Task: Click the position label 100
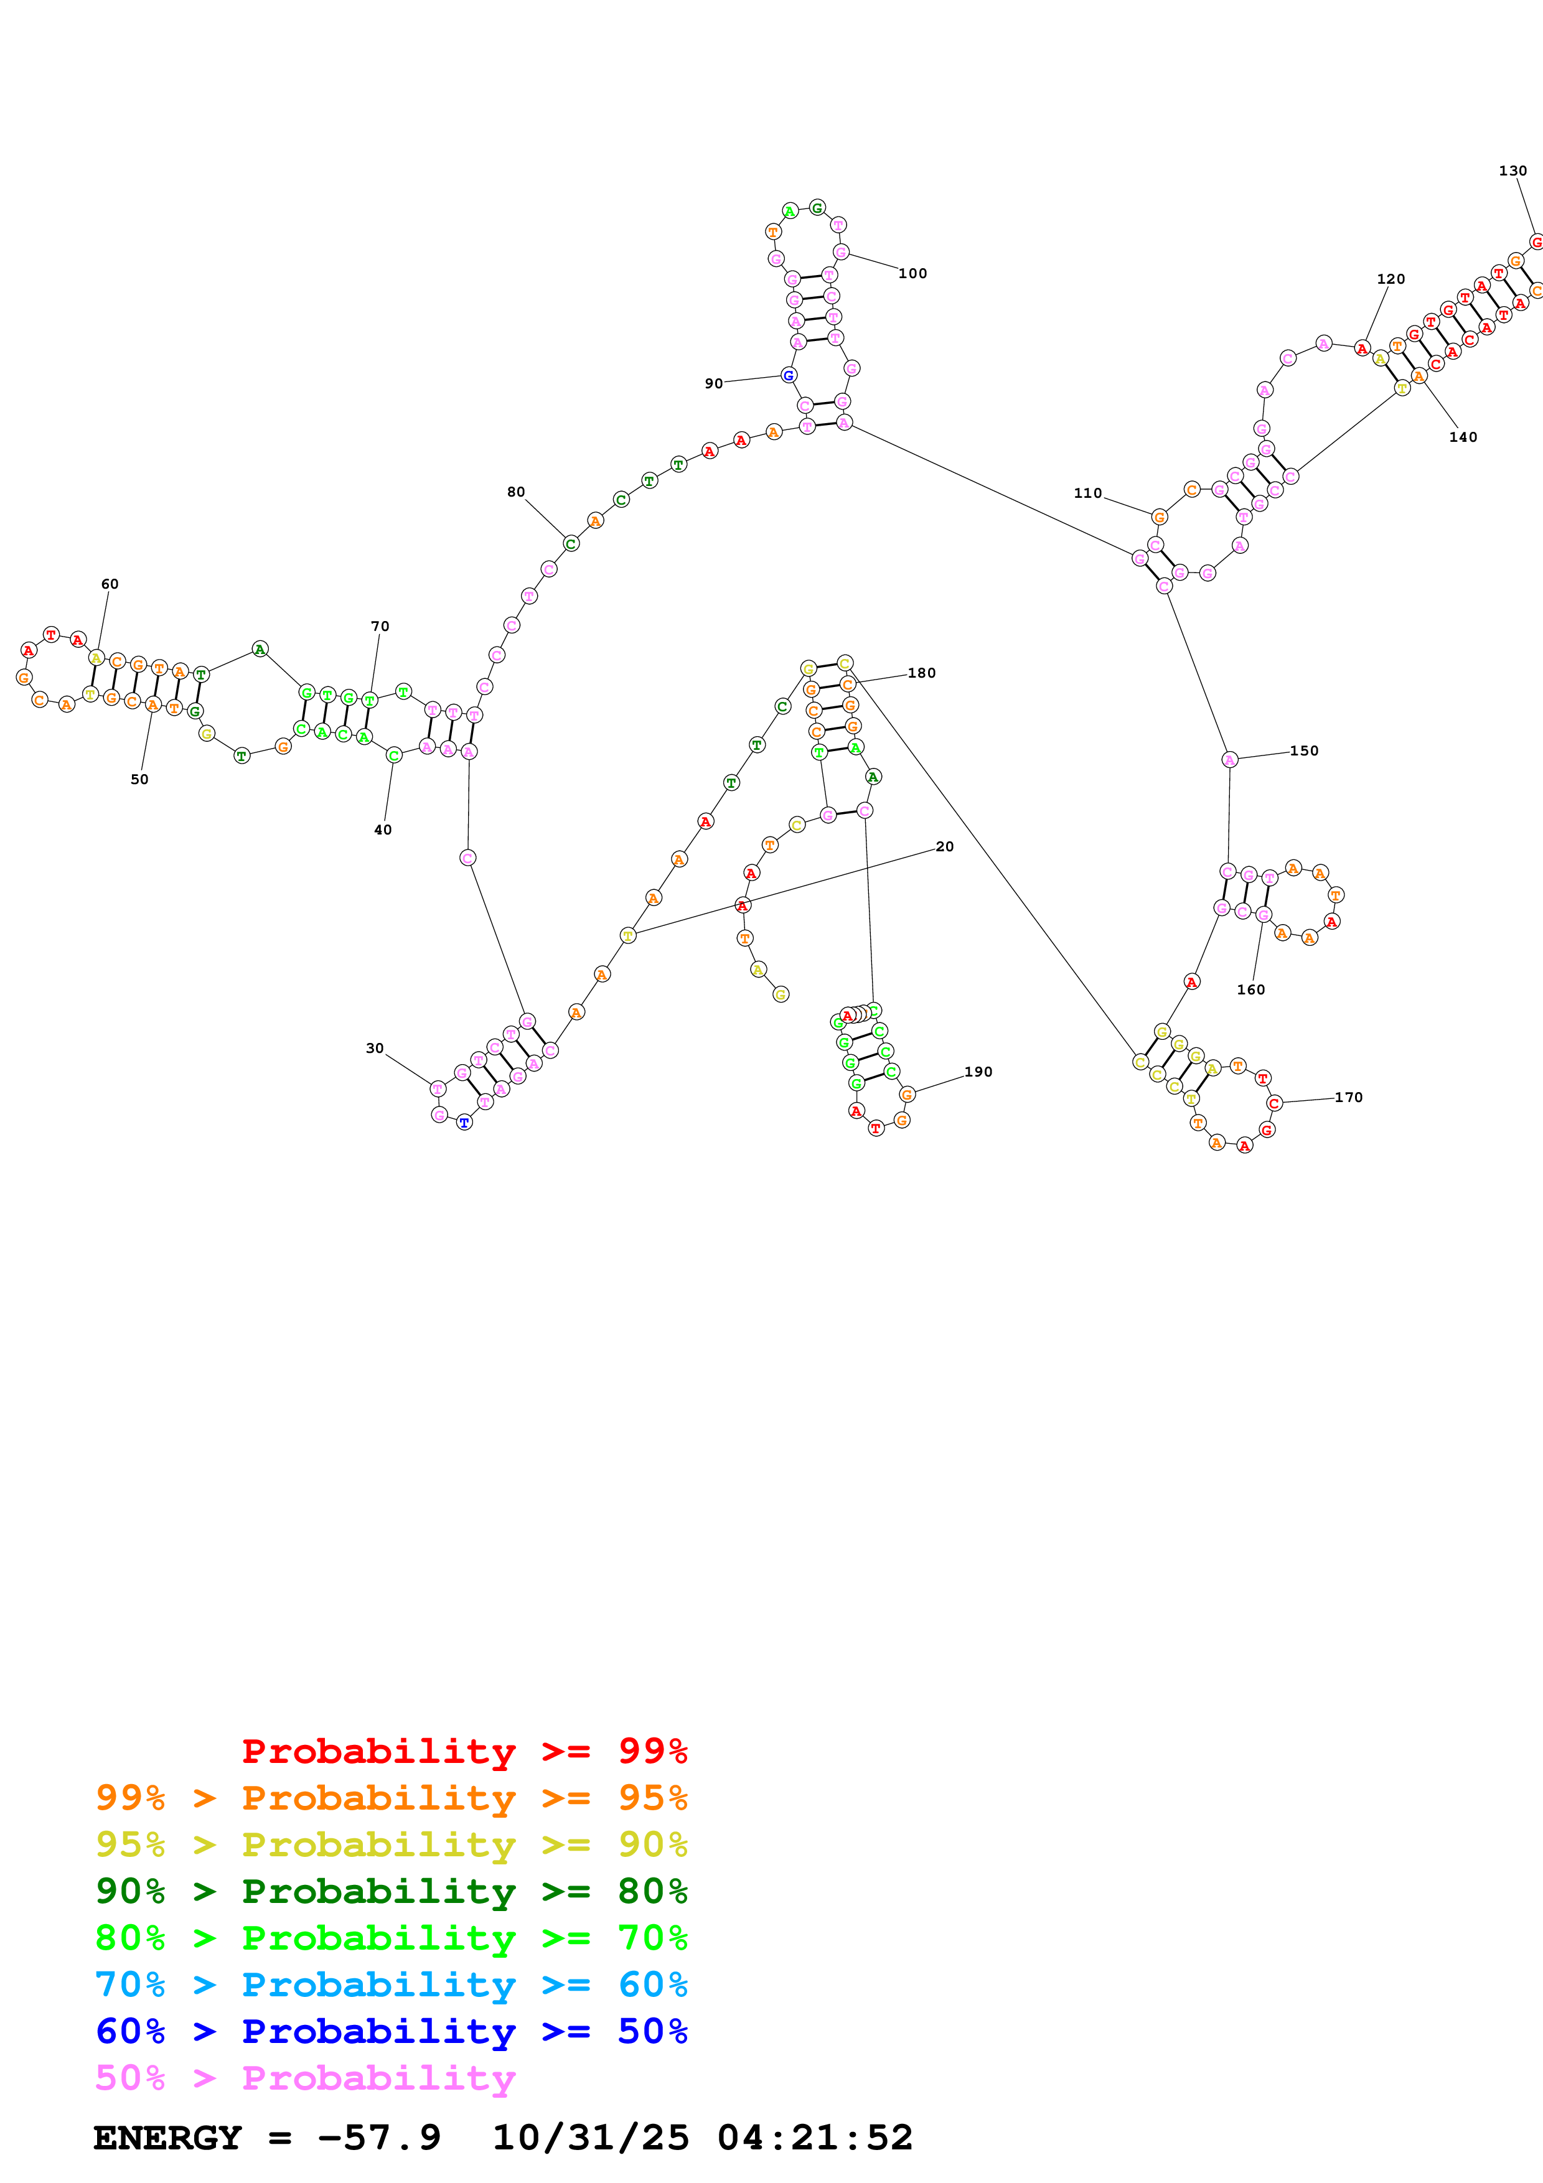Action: click(x=912, y=274)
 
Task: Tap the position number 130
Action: click(x=1512, y=171)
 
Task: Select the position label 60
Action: click(x=110, y=584)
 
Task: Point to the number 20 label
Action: click(x=944, y=846)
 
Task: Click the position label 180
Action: click(x=921, y=673)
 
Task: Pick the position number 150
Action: click(x=1303, y=751)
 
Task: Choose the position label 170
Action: click(x=1348, y=1097)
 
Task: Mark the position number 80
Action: click(x=515, y=492)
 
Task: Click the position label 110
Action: click(x=1087, y=493)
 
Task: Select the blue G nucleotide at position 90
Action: click(x=788, y=376)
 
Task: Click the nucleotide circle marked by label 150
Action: click(x=1229, y=760)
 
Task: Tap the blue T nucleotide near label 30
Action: click(x=464, y=1122)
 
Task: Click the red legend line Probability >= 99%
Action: click(x=464, y=1751)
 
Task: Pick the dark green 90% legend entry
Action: click(x=391, y=1891)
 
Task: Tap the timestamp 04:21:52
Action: click(x=815, y=2138)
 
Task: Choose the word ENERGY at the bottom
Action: click(x=167, y=2138)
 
